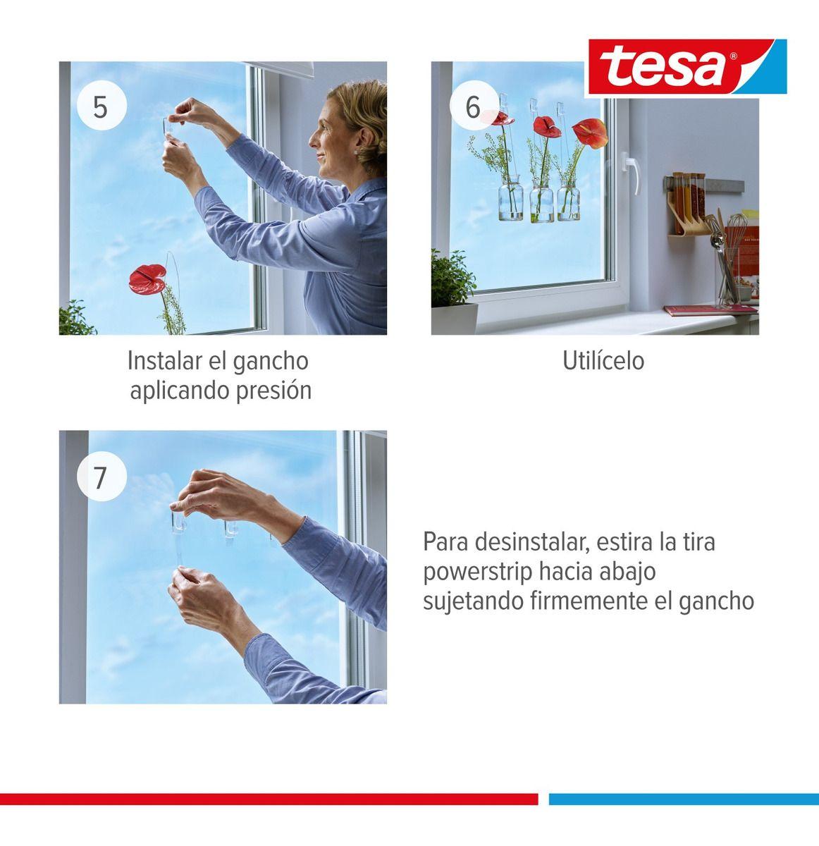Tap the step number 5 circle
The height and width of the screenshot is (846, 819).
click(x=101, y=108)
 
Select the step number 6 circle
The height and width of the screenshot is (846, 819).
click(x=473, y=108)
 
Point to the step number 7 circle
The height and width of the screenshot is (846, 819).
click(x=101, y=477)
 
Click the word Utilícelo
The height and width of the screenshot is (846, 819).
click(x=603, y=361)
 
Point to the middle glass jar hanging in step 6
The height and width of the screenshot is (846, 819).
click(x=541, y=204)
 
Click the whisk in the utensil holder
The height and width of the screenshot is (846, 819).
click(x=734, y=232)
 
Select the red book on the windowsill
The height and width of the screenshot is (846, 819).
click(x=708, y=309)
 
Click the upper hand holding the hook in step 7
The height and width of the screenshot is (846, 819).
click(x=211, y=493)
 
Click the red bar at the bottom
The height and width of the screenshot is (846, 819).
click(x=268, y=799)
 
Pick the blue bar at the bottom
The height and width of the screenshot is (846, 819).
click(x=684, y=799)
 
